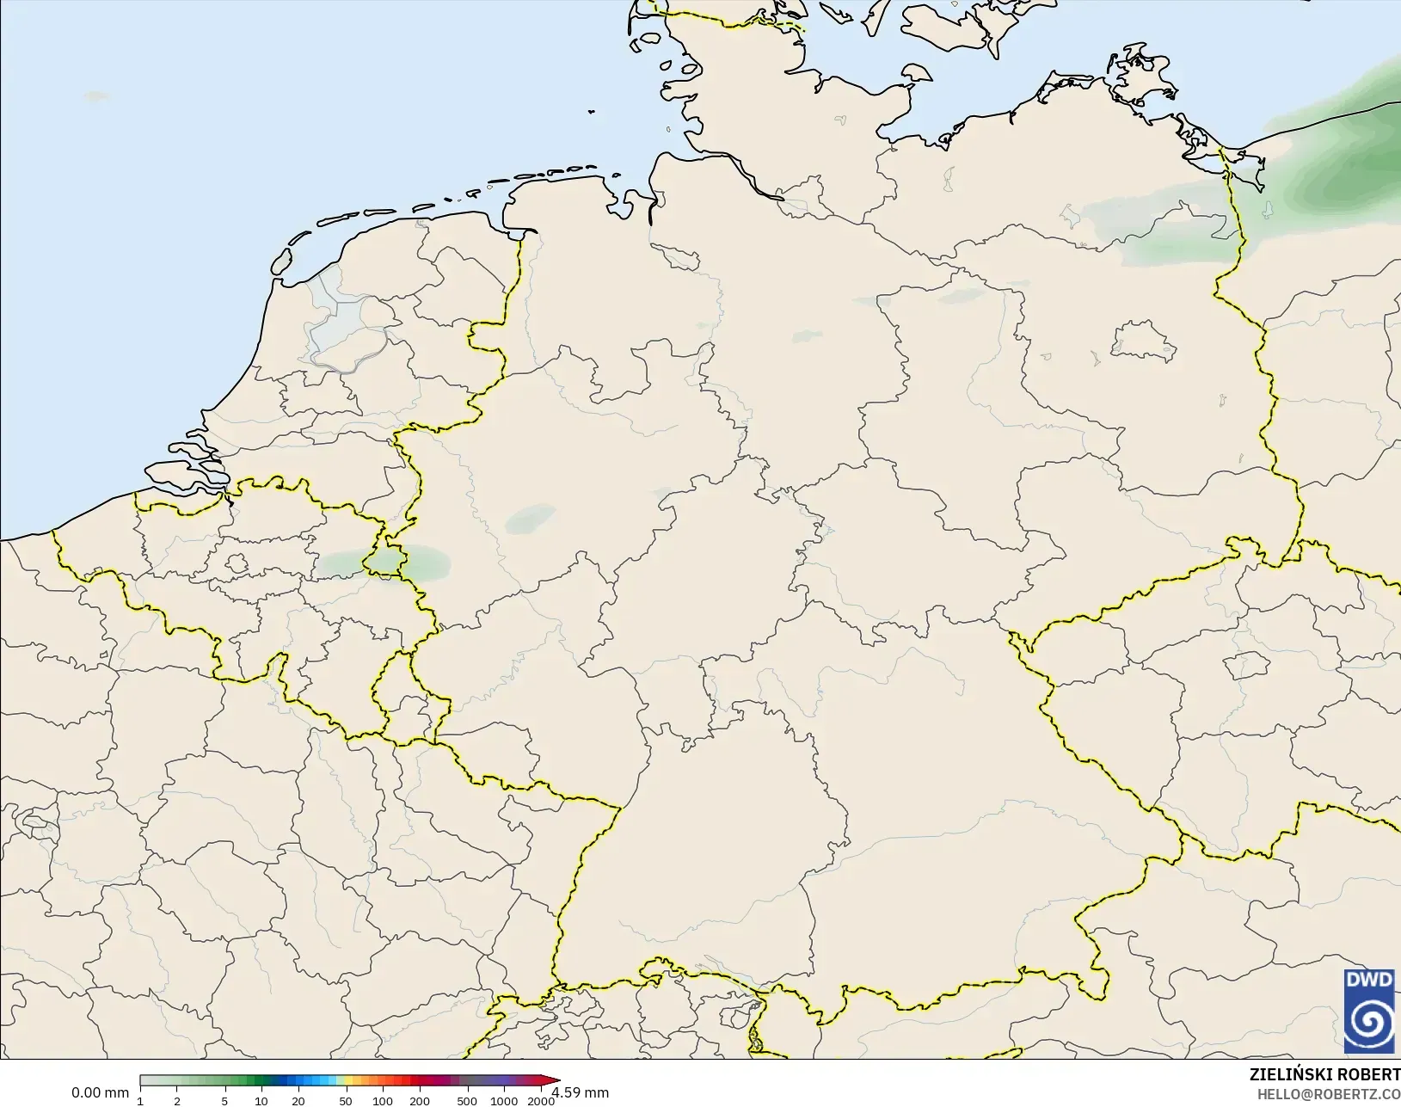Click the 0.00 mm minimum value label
click(100, 1092)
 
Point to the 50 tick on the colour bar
click(346, 1101)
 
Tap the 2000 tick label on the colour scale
click(541, 1101)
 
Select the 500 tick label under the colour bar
click(467, 1101)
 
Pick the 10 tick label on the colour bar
click(261, 1101)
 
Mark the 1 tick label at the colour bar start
click(140, 1101)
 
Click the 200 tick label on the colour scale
click(420, 1101)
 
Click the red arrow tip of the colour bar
click(554, 1081)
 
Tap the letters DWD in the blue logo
click(1369, 980)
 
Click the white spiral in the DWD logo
click(1369, 1021)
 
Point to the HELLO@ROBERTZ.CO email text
click(1329, 1094)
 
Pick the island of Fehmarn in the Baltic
click(917, 74)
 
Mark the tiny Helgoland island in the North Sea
click(592, 111)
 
